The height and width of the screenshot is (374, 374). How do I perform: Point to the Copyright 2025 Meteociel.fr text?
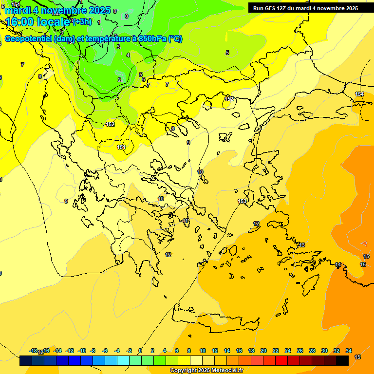click(207, 371)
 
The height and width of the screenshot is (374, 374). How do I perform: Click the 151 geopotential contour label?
click(121, 147)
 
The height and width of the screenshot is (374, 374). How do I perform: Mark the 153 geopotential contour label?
click(243, 201)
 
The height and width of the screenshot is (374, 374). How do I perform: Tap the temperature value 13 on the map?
click(301, 245)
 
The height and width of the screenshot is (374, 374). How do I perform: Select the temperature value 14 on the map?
click(338, 264)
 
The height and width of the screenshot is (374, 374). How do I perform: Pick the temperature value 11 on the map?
click(186, 221)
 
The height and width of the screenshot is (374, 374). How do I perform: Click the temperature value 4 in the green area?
click(128, 55)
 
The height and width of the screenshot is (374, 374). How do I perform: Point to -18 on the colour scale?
click(34, 351)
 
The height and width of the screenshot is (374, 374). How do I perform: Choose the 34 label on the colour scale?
click(349, 351)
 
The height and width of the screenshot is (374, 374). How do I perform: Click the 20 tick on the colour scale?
click(263, 351)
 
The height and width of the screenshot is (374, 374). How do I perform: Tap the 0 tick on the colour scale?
click(140, 351)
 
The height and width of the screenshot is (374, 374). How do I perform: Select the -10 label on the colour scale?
click(82, 351)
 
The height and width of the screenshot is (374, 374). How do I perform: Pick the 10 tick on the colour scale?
click(202, 351)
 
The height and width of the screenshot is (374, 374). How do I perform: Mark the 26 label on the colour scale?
click(300, 351)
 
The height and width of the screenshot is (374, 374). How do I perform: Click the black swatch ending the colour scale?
click(342, 361)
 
